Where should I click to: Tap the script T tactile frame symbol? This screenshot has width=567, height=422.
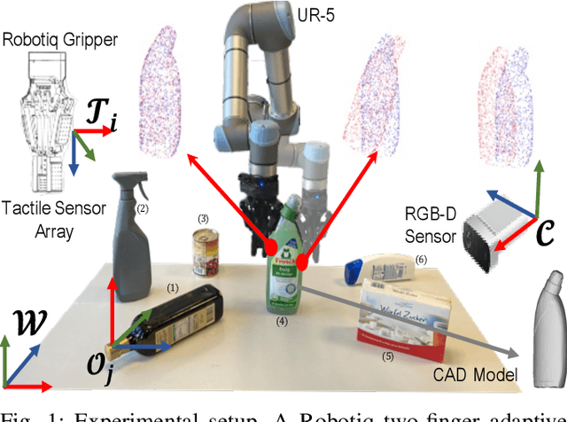point(99,116)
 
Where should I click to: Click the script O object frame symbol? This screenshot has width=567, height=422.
point(125,364)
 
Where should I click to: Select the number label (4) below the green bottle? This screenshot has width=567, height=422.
point(282,322)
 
